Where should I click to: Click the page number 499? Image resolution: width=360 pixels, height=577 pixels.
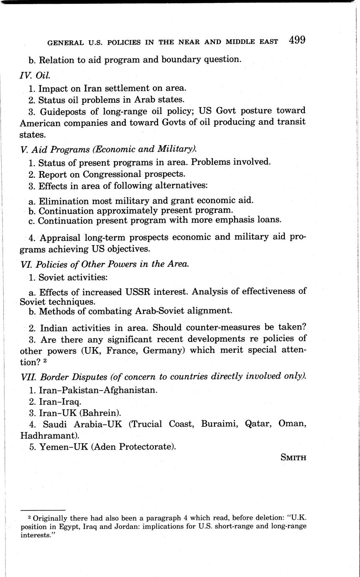pyautogui.click(x=296, y=40)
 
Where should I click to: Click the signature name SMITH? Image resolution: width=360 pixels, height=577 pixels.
pyautogui.click(x=294, y=457)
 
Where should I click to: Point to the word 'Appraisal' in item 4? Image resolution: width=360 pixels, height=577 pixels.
pyautogui.click(x=59, y=237)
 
